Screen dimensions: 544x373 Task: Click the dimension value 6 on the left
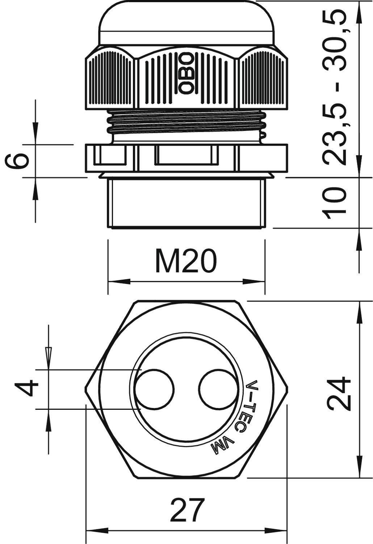[x=17, y=161]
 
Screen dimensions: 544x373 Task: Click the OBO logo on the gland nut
[x=187, y=74]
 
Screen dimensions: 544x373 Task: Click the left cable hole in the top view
[x=154, y=389]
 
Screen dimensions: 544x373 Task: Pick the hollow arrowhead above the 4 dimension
[x=48, y=354]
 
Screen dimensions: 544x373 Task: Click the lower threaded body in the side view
[x=186, y=203]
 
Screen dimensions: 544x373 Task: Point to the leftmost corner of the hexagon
[x=85, y=389]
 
